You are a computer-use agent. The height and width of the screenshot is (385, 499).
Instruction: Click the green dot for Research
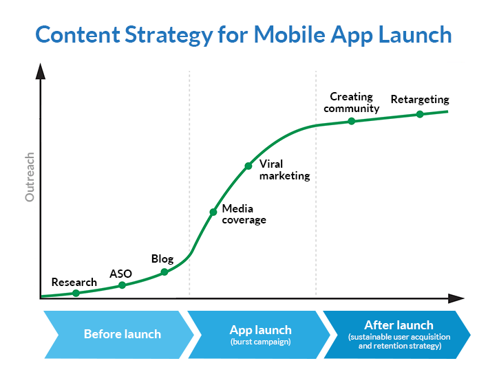(x=76, y=293)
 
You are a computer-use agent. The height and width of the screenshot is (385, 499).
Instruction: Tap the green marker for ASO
(x=122, y=285)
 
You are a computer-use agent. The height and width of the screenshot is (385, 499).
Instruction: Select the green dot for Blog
(x=164, y=272)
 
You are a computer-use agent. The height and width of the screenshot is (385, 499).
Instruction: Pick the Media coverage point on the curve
(x=213, y=212)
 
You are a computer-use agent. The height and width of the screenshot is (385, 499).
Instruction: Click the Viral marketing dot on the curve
(x=248, y=166)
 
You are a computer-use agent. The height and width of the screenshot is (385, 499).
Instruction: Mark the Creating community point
(x=351, y=121)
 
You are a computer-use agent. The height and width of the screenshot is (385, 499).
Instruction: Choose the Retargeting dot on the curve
(x=420, y=114)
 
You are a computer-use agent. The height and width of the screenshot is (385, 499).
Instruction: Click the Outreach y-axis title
(x=30, y=177)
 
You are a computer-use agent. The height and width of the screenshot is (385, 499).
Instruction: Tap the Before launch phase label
(x=122, y=334)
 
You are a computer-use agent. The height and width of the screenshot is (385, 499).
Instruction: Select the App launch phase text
(x=260, y=329)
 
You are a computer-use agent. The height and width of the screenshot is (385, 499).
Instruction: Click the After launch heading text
(x=399, y=324)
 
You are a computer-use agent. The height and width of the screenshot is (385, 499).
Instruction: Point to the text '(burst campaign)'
(x=260, y=342)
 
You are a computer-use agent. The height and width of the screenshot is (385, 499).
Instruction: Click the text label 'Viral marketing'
(x=284, y=170)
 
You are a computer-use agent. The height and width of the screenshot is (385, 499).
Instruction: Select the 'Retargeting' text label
(x=419, y=100)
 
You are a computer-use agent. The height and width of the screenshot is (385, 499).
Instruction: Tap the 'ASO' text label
(x=120, y=274)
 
